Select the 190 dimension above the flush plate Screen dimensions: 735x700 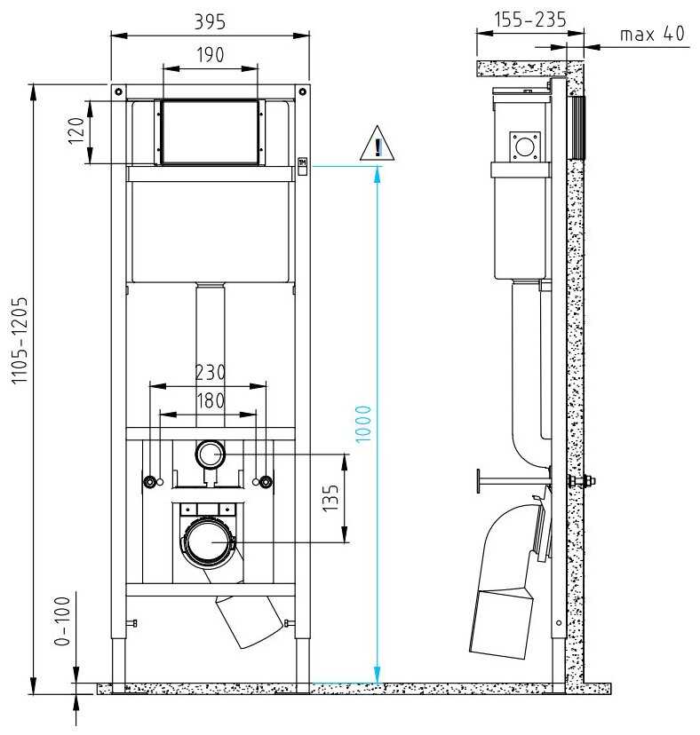tap(211, 54)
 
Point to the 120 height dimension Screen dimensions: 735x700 tap(77, 132)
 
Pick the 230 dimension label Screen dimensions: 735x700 tap(210, 372)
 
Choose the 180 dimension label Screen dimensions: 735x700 tap(210, 399)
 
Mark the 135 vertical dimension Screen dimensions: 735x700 tap(331, 500)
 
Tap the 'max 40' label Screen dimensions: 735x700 tap(652, 34)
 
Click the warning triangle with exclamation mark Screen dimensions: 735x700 tap(378, 146)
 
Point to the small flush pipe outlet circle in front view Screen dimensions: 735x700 tap(211, 455)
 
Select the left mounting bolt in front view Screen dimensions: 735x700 tap(152, 482)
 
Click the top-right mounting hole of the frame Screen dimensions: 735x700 tap(302, 91)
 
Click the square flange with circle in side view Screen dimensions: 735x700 tap(525, 146)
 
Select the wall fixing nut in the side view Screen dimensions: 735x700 tap(587, 482)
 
